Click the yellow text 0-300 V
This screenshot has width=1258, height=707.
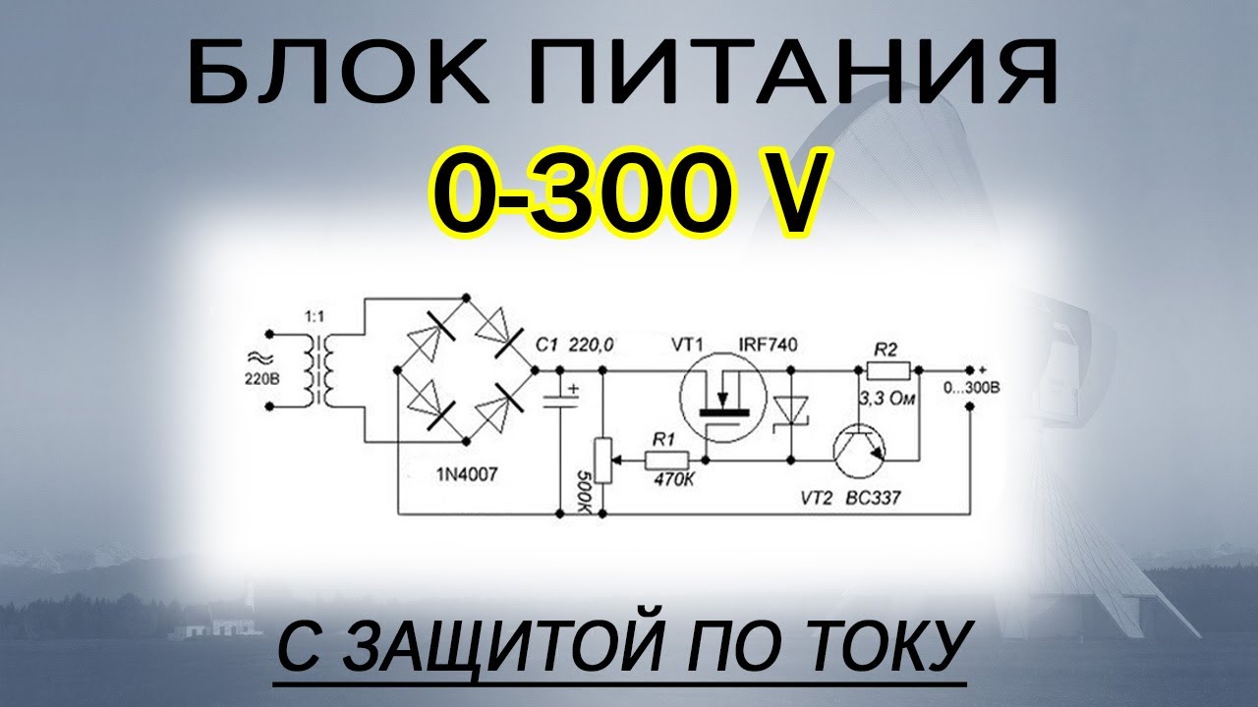[x=628, y=195]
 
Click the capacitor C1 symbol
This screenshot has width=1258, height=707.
[x=561, y=401]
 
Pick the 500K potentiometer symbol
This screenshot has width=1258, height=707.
[x=602, y=460]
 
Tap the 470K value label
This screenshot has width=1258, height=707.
[x=671, y=481]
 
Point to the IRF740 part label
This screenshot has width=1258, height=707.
[x=768, y=345]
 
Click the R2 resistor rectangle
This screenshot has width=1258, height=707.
[x=887, y=370]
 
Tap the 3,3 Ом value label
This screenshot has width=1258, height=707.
[x=886, y=399]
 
